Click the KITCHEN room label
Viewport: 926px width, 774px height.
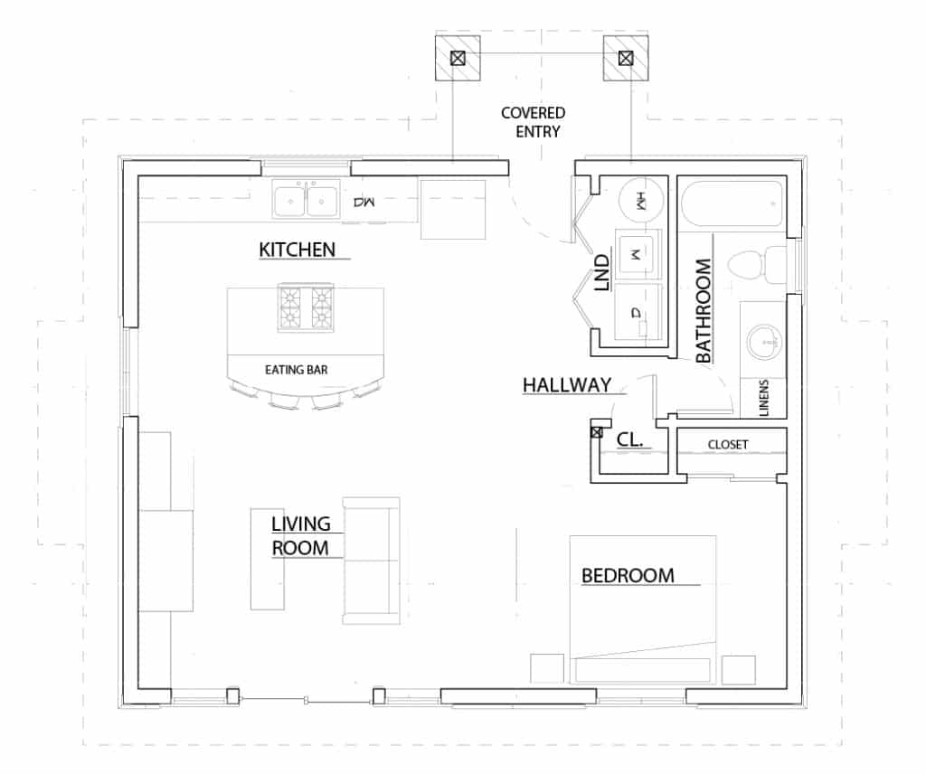pyautogui.click(x=298, y=249)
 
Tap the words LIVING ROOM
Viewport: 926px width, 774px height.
pyautogui.click(x=301, y=535)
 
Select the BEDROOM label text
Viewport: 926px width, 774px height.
pyautogui.click(x=628, y=575)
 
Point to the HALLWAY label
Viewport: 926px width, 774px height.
pyautogui.click(x=567, y=385)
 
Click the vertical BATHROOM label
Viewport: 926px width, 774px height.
pyautogui.click(x=704, y=310)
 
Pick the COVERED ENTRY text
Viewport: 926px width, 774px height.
pyautogui.click(x=534, y=122)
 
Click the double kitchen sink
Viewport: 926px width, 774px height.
pyautogui.click(x=307, y=200)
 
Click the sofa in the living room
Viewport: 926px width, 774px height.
pyautogui.click(x=371, y=561)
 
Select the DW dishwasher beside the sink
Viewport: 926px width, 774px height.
pyautogui.click(x=364, y=202)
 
